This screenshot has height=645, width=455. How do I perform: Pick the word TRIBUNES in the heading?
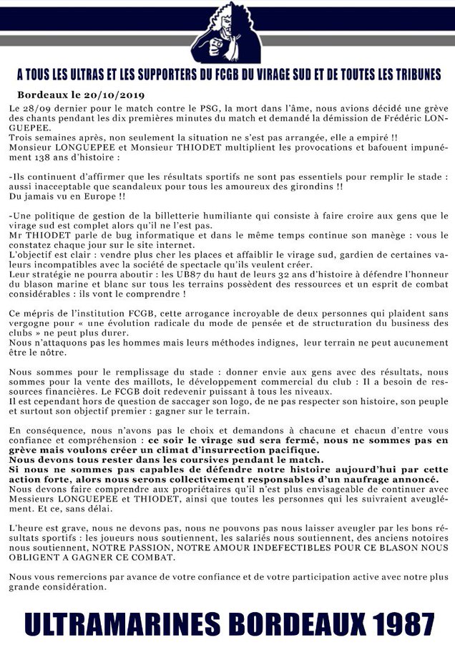point(412,75)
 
